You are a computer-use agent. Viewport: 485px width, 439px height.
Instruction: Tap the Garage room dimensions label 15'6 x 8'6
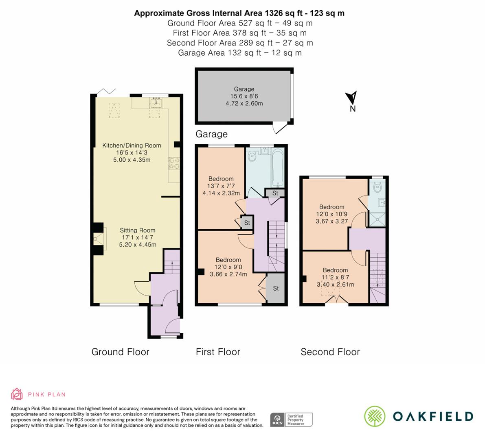(244, 96)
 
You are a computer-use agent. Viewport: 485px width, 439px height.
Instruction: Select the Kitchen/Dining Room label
(132, 145)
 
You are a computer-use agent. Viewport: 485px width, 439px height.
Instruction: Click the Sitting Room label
(137, 230)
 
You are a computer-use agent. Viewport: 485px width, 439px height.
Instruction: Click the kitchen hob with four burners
(174, 163)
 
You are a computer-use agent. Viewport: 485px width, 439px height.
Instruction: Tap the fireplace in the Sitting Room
(99, 239)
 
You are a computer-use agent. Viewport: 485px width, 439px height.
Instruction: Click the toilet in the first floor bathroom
(252, 155)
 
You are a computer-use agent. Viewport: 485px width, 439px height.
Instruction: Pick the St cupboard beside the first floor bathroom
(275, 193)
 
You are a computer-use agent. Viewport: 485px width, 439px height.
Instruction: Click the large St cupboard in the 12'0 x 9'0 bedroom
(276, 288)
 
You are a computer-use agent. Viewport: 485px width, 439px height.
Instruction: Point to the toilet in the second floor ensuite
(377, 187)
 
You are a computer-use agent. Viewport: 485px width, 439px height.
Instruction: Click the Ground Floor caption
(120, 352)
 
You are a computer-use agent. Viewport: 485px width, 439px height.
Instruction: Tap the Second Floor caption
(330, 352)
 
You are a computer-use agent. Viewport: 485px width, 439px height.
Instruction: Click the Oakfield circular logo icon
(375, 416)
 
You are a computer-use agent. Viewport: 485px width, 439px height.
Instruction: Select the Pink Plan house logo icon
(17, 394)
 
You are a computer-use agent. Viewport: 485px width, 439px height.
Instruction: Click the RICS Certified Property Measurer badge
(291, 419)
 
